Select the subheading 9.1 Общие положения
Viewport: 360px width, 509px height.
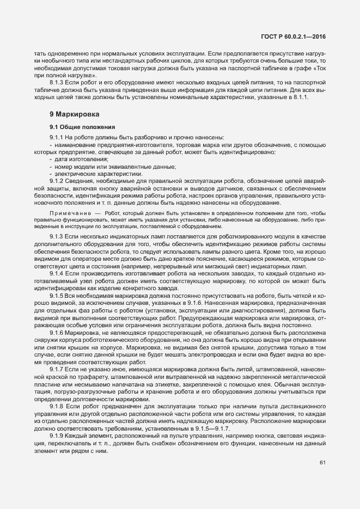(x=78, y=127)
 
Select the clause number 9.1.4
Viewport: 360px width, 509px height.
(x=57, y=273)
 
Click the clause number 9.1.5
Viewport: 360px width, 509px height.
(x=57, y=295)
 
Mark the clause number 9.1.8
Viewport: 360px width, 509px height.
(x=57, y=406)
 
